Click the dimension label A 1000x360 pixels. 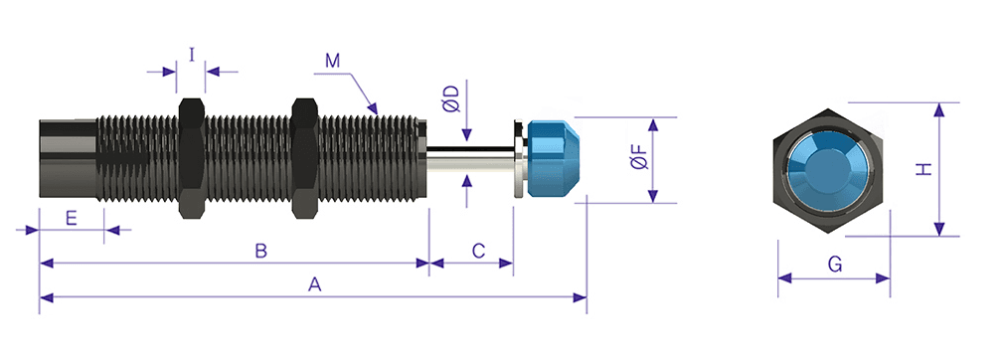click(x=314, y=284)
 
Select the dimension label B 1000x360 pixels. click(x=260, y=251)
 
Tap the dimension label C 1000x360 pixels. click(x=478, y=251)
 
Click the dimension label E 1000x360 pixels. click(x=72, y=219)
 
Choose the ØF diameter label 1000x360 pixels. click(x=640, y=156)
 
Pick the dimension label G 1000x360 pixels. click(x=835, y=264)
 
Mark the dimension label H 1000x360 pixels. click(x=923, y=170)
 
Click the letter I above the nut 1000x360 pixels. click(x=192, y=55)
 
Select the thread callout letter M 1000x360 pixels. click(x=332, y=61)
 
